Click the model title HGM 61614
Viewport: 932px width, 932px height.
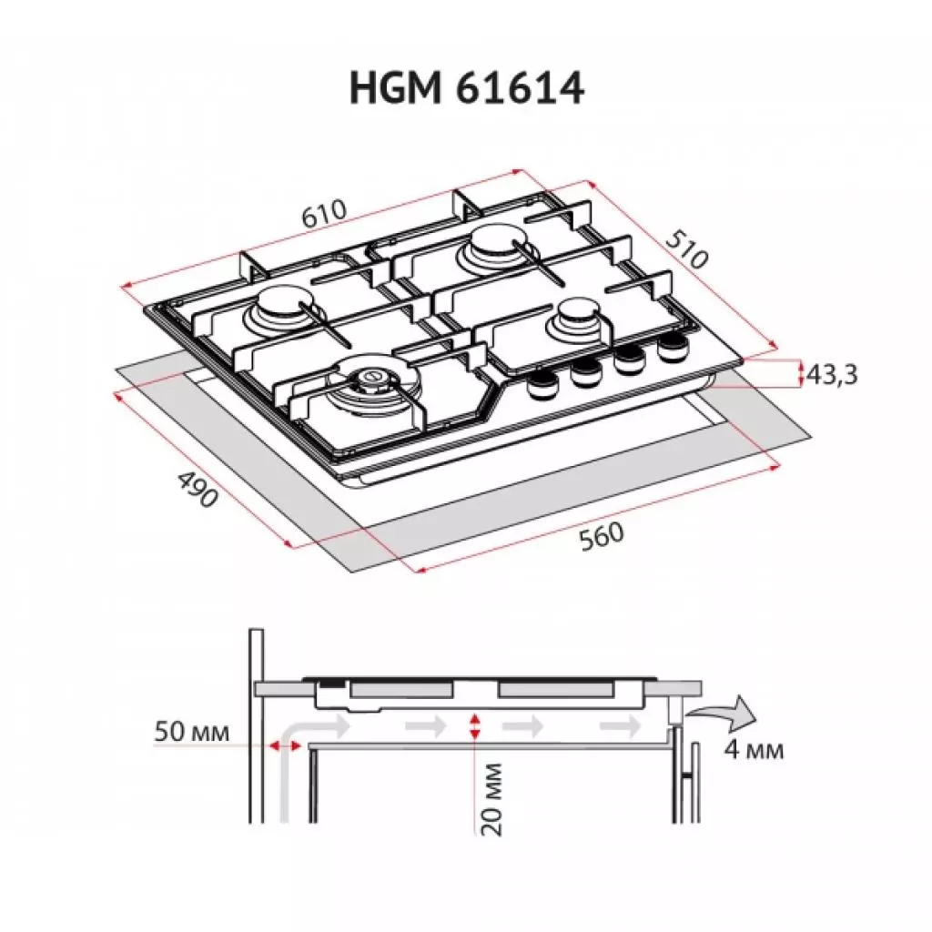click(x=466, y=90)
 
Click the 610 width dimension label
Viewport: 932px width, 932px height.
click(x=324, y=215)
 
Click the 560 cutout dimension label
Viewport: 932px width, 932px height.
click(x=603, y=534)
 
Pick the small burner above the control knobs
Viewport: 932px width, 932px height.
click(x=577, y=317)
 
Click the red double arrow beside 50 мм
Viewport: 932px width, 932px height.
click(x=284, y=745)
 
